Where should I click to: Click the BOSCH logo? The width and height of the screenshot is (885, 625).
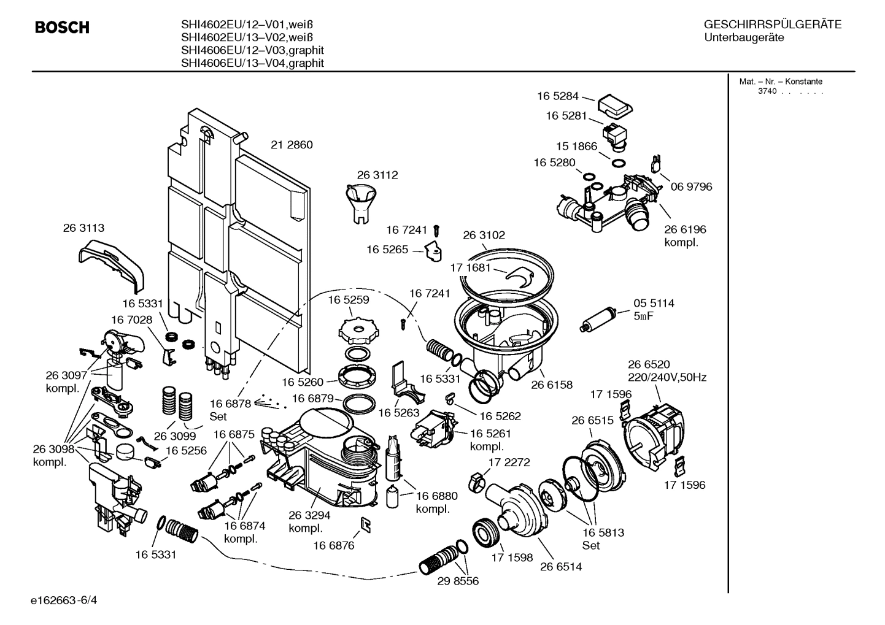click(62, 28)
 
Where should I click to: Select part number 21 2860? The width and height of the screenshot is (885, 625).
click(292, 145)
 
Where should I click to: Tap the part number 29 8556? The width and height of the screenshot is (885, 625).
click(458, 581)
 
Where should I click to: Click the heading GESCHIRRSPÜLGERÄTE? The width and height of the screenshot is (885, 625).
click(772, 25)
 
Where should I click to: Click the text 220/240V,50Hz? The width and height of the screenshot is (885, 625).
click(667, 377)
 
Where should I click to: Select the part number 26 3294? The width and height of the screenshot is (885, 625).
click(309, 516)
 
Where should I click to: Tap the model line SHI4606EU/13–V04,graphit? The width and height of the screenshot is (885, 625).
click(252, 63)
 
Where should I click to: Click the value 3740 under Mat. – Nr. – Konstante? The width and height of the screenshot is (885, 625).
click(767, 91)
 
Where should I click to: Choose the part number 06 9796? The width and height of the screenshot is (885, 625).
click(691, 186)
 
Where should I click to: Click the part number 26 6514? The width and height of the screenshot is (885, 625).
click(561, 567)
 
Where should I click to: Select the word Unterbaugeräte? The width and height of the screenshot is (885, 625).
click(743, 38)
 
